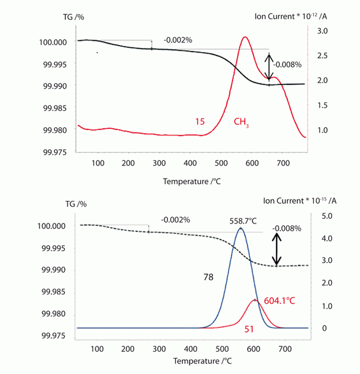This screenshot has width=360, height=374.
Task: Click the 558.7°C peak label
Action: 240,220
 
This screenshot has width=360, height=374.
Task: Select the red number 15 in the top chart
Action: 200,122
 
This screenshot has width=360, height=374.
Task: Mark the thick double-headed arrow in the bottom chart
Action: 277,249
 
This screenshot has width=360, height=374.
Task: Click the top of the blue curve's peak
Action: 241,228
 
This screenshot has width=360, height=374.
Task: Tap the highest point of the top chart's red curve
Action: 245,37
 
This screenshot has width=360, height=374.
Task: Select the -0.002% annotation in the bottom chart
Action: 175,220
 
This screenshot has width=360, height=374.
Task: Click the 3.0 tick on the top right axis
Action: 322,30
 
